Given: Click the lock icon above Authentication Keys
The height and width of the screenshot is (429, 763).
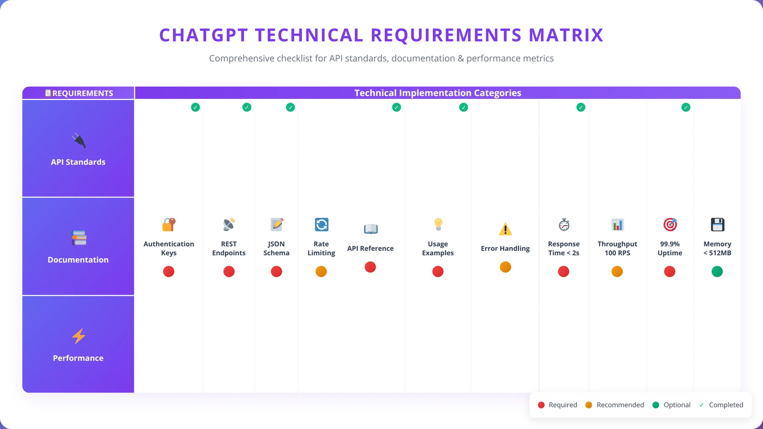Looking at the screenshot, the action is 169,224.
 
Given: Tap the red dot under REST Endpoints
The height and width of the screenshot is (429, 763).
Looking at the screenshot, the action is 229,271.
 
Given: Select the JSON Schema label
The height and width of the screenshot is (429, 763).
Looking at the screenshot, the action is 276,248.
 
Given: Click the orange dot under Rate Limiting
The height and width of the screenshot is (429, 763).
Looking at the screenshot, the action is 321,271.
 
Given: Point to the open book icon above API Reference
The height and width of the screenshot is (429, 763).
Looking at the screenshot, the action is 370,229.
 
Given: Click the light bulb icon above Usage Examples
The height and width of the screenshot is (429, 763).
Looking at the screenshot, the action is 438,224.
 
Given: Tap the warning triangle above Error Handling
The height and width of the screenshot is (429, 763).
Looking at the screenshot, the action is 505,229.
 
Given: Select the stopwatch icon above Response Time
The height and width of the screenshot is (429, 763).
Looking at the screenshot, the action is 564,224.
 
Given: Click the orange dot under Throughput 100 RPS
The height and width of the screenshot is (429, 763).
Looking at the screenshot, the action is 617,271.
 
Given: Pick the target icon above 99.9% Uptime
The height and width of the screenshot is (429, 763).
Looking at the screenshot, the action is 670,224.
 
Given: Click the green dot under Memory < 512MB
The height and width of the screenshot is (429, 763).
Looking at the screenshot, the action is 717,271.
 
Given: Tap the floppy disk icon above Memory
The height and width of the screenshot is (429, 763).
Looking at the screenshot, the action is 718,224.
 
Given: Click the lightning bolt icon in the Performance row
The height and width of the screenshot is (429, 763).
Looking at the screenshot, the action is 78,336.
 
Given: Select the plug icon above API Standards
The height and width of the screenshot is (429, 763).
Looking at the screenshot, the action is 78,140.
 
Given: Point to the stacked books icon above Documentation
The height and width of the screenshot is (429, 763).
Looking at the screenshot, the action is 79,238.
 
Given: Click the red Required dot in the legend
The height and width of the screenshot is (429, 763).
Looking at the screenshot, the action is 541,405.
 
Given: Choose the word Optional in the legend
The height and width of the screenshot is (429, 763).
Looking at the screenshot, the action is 677,405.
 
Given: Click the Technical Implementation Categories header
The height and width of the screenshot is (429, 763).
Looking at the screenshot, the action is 438,93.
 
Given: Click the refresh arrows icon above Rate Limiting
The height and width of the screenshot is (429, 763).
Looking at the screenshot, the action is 321,224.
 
